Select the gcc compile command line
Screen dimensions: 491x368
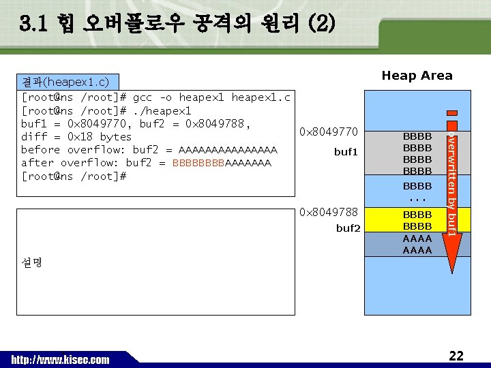(156, 97)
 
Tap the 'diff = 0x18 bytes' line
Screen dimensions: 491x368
(76, 136)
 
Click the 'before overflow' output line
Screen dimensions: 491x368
(149, 149)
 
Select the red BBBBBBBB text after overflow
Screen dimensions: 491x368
(198, 163)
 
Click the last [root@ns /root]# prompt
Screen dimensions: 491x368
(74, 176)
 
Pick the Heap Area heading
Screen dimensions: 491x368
(417, 76)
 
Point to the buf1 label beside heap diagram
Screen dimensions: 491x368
(346, 152)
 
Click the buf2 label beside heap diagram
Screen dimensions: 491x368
(348, 228)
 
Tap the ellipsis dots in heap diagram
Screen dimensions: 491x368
(417, 199)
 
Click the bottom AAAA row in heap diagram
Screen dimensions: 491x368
(417, 250)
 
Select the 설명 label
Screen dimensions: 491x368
(32, 262)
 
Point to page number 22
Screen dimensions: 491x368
(456, 356)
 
